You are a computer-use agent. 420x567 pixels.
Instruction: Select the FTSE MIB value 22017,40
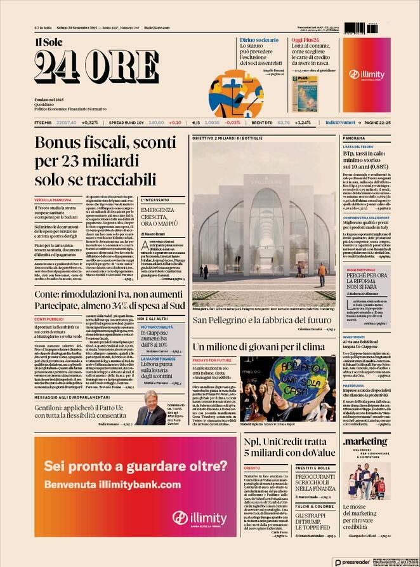pos(67,122)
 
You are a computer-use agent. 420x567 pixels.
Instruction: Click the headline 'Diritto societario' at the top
pos(259,40)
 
